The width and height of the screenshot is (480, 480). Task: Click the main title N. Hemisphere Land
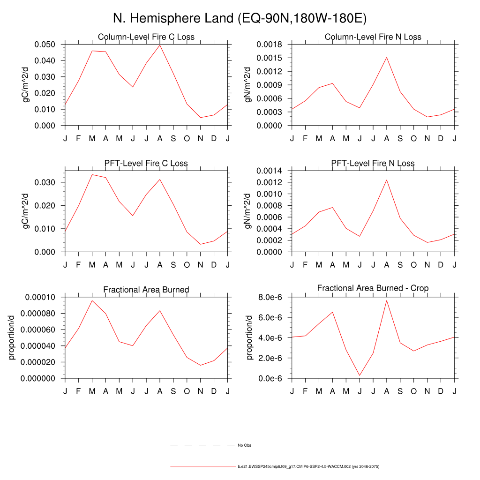240,18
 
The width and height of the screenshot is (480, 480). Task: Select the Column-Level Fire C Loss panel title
146,37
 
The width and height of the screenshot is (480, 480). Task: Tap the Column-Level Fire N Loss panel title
373,37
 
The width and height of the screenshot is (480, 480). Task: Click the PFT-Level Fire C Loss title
146,163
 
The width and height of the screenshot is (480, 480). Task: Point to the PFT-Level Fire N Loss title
373,163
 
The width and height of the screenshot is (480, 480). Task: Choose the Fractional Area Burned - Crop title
373,288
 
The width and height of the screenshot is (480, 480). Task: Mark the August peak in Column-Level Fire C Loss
160,45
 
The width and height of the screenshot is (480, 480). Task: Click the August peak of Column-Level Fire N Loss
387,58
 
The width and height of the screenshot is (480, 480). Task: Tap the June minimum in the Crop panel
360,375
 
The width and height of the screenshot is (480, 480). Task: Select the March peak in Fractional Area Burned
92,300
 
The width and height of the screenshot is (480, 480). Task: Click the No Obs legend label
245,445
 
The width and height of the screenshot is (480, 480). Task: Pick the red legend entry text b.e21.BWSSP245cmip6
308,467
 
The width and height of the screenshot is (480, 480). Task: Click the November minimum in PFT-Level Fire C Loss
201,244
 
